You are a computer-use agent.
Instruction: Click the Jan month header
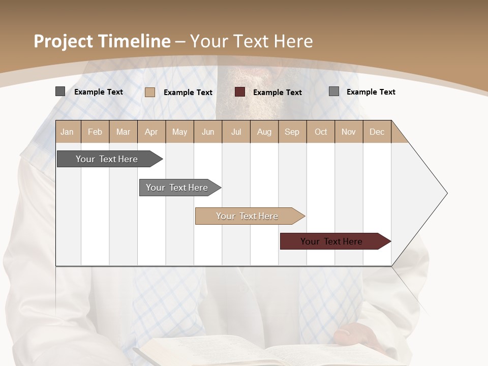67,132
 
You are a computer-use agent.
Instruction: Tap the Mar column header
123,132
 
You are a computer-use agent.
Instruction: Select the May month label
179,132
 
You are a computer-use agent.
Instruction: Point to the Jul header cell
236,132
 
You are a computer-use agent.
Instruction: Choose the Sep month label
292,132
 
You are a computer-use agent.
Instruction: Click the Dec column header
377,132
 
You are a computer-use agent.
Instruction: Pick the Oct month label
321,132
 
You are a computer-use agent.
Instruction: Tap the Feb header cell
95,132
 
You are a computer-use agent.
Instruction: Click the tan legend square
150,92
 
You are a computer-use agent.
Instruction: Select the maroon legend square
240,92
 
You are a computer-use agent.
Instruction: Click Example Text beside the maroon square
277,93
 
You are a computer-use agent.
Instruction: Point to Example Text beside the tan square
188,93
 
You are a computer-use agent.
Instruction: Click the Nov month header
349,132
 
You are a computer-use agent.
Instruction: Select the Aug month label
264,132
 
